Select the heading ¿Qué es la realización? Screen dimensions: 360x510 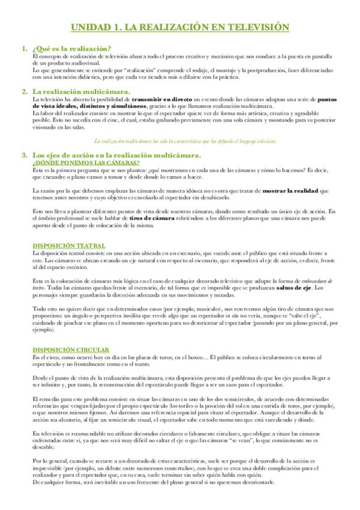(x=72, y=49)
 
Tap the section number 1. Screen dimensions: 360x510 (x=23, y=49)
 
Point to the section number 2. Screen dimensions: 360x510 (x=23, y=91)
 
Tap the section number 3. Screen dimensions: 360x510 (x=23, y=155)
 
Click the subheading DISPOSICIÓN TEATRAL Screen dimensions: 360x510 (x=69, y=246)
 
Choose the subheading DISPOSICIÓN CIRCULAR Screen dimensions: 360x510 (x=70, y=350)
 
